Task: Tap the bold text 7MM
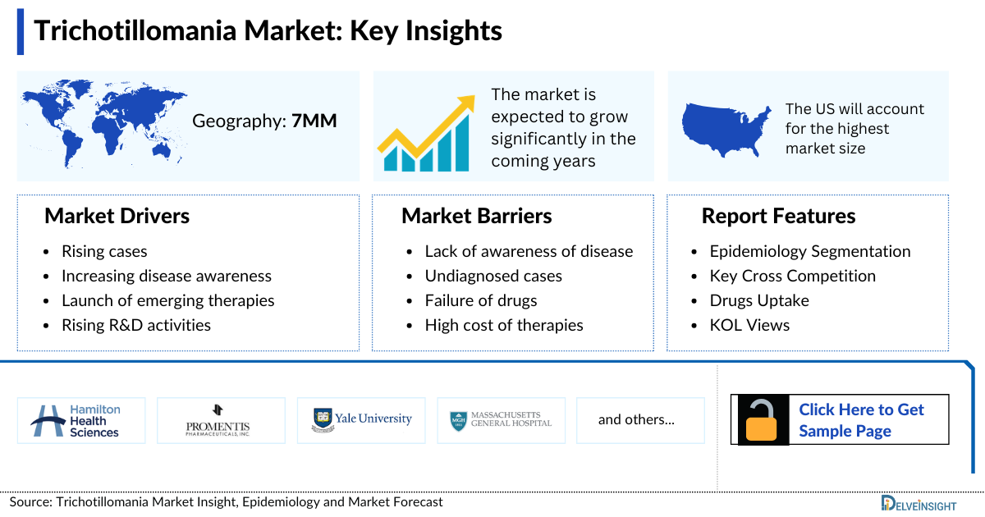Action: tap(314, 121)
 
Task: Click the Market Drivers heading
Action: tap(117, 216)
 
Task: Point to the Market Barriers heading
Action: tap(476, 216)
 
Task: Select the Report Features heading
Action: tap(778, 216)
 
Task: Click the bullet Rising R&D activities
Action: tap(136, 325)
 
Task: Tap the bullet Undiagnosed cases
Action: tap(493, 276)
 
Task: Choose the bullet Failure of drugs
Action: tap(481, 300)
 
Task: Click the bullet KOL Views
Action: tap(749, 325)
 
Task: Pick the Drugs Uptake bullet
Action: tap(759, 300)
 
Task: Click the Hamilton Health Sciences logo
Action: tap(81, 420)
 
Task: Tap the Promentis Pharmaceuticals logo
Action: tap(221, 420)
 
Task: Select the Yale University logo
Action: tap(362, 420)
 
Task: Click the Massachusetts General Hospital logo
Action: tap(501, 420)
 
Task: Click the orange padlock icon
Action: tap(762, 420)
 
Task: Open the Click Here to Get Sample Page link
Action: tap(861, 420)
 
